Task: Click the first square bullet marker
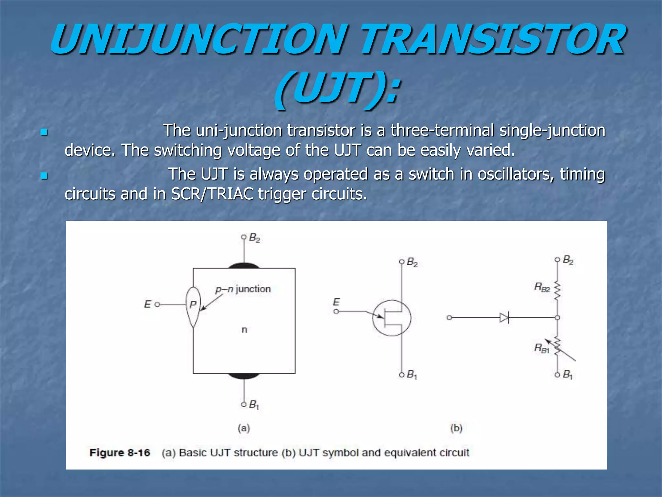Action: pyautogui.click(x=44, y=132)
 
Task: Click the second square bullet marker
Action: pyautogui.click(x=44, y=176)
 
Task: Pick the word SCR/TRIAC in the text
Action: pyautogui.click(x=212, y=194)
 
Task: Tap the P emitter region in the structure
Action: pyautogui.click(x=193, y=305)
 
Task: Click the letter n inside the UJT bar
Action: pyautogui.click(x=244, y=330)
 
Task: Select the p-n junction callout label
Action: pyautogui.click(x=243, y=289)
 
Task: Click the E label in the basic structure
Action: pyautogui.click(x=147, y=304)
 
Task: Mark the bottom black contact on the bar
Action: pyautogui.click(x=244, y=376)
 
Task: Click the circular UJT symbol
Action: pyautogui.click(x=391, y=318)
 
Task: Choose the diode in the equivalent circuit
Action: pyautogui.click(x=504, y=318)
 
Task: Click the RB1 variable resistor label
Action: pyautogui.click(x=542, y=348)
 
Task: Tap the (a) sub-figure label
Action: pyautogui.click(x=244, y=428)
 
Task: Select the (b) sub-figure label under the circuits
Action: pyautogui.click(x=456, y=428)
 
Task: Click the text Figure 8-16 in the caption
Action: pyautogui.click(x=120, y=452)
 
